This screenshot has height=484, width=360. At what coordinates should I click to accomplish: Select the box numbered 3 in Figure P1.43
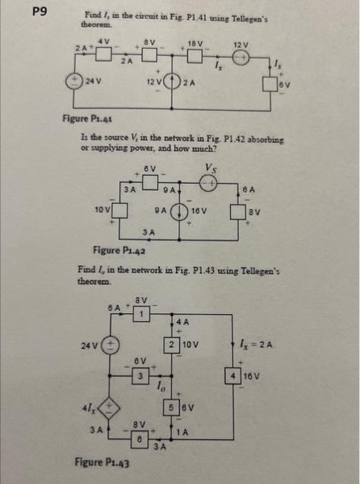pos(141,375)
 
